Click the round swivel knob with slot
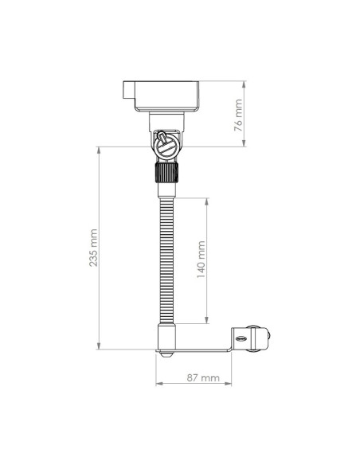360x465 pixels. pos(166,147)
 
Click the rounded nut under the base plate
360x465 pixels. pos(166,355)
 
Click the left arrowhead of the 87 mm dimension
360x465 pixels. pos(158,382)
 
